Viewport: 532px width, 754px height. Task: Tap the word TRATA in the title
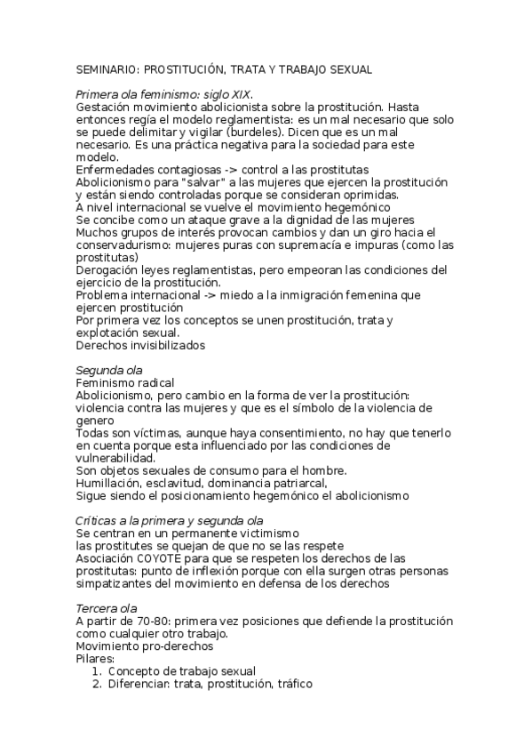click(254, 68)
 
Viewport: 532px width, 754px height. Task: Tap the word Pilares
click(98, 658)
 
